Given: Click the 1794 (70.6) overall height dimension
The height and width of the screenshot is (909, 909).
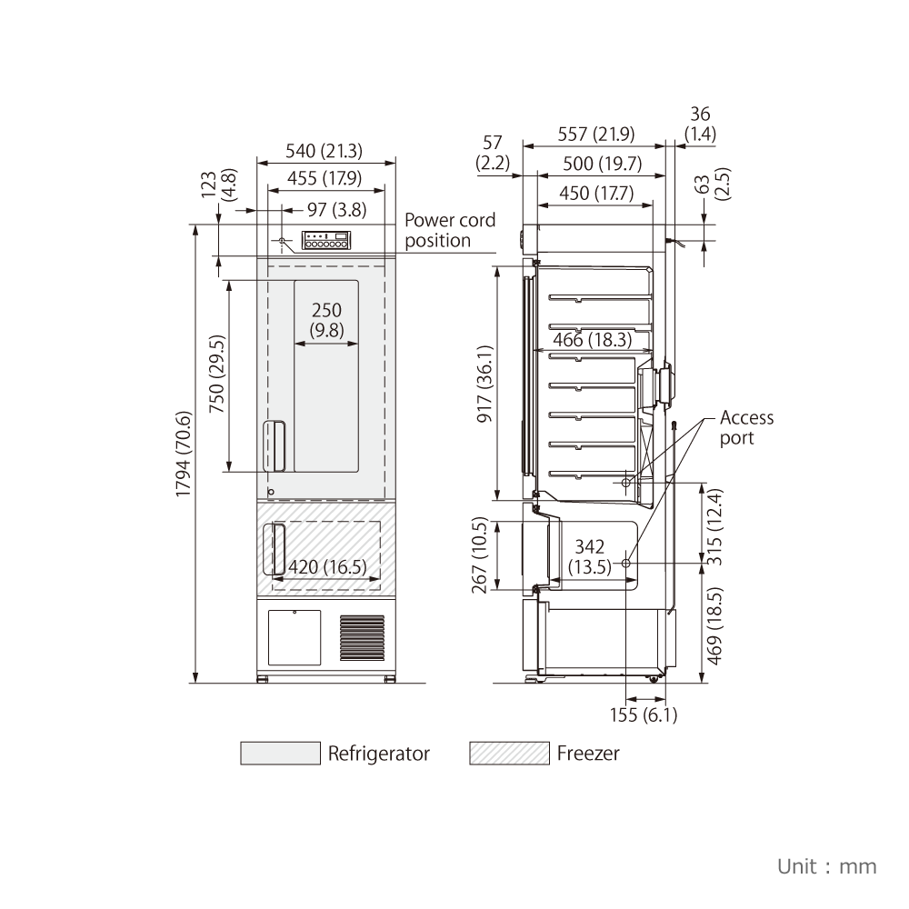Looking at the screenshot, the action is [184, 454].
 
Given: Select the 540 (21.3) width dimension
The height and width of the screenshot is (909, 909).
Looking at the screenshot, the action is [325, 151].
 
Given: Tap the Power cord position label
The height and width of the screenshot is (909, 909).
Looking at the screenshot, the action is [450, 230].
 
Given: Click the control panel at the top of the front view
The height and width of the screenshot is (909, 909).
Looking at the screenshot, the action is [325, 240].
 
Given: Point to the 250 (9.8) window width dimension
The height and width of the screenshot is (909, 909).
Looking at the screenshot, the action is [326, 320].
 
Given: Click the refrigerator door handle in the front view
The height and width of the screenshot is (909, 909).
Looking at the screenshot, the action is [275, 445].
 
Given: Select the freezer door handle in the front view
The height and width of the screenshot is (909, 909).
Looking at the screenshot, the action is [274, 549].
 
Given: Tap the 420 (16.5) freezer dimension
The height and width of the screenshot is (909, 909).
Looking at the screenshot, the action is [327, 566].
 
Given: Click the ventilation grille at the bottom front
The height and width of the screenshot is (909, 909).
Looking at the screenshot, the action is [362, 638].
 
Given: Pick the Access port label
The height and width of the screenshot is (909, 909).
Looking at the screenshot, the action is [746, 427].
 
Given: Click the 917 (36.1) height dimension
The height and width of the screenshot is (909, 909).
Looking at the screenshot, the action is [484, 384].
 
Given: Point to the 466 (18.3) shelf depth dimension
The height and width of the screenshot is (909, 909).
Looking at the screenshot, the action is [592, 339].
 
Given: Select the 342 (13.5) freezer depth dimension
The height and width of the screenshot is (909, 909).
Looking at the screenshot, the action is [590, 556].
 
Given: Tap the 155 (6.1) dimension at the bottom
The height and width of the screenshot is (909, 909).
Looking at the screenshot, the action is [644, 714].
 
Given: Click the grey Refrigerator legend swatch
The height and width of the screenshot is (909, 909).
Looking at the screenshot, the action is [280, 753].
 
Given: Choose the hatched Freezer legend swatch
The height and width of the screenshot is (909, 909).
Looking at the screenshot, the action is [509, 753].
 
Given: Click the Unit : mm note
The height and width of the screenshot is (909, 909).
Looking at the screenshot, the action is [826, 866].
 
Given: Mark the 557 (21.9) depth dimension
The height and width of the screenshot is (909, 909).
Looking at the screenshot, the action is [596, 134].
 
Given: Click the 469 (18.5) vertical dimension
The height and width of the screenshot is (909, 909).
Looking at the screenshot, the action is [715, 626].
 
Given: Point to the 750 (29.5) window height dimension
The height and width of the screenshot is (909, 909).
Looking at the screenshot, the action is [217, 374].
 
